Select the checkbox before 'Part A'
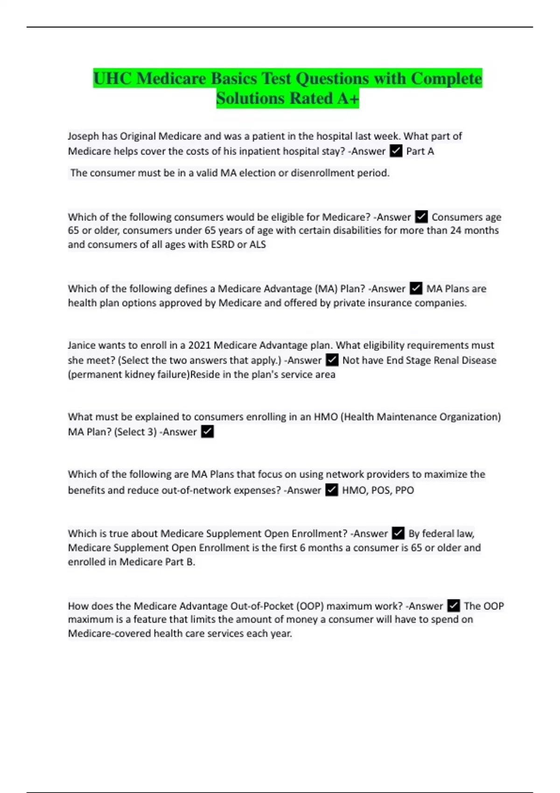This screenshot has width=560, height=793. (396, 151)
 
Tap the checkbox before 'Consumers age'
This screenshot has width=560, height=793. (421, 217)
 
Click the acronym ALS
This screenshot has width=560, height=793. (257, 244)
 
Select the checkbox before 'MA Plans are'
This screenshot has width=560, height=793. (416, 289)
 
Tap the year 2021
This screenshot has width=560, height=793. (199, 345)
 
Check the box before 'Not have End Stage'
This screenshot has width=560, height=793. (332, 360)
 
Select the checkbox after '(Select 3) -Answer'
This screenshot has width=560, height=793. (207, 432)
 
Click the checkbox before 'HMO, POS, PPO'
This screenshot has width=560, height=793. (331, 490)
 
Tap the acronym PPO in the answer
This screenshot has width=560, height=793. (404, 490)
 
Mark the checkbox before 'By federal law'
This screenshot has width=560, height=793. (398, 533)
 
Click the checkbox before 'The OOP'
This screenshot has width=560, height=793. (453, 606)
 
